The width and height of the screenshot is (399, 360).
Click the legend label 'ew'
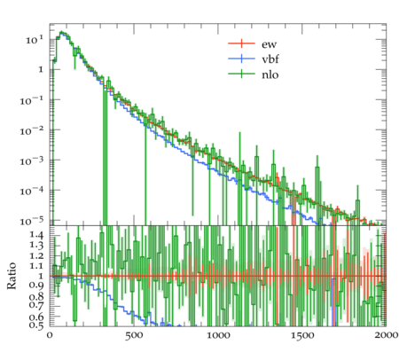269,44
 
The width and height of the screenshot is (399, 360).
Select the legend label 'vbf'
270,59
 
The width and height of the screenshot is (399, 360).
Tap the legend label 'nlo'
270,74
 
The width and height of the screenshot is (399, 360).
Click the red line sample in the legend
241,43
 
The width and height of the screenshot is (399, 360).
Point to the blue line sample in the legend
241,59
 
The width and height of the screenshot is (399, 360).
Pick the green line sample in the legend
241,74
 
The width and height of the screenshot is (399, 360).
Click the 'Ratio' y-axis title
12,276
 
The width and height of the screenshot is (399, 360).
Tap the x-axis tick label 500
134,335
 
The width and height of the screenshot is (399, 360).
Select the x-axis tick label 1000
218,335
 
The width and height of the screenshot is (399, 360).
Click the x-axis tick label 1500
302,335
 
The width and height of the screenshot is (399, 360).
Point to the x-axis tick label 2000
386,335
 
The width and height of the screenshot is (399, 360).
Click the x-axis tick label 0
50,335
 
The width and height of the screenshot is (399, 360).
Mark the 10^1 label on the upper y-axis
35,40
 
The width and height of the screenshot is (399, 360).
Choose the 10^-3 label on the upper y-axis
32,161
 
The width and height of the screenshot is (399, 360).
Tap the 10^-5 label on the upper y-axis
32,222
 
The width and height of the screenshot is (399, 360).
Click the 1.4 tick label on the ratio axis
36,235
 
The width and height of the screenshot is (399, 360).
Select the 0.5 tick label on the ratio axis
36,325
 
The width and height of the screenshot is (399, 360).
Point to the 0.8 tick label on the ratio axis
36,296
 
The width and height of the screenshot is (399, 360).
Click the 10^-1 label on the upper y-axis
32,101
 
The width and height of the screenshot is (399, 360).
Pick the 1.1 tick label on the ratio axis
36,266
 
